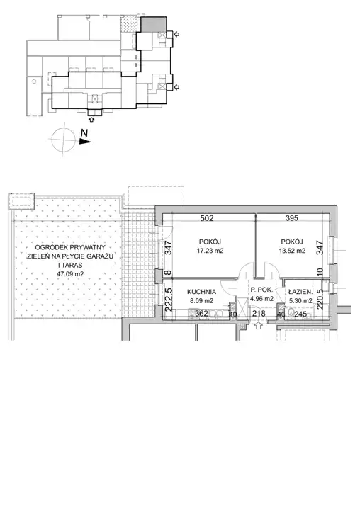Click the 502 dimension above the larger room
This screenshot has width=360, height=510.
(207, 218)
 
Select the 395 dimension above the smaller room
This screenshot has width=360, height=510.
(292, 218)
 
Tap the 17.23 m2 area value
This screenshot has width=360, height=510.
(210, 251)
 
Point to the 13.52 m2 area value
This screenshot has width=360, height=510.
(292, 251)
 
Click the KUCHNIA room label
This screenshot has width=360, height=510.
(201, 292)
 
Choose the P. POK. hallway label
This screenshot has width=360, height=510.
(261, 290)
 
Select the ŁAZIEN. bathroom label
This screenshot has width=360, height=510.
(300, 292)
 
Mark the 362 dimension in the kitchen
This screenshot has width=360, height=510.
(201, 314)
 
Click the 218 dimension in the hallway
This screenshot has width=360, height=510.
(259, 314)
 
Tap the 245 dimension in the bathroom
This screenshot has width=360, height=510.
(300, 314)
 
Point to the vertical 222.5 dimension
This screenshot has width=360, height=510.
(169, 300)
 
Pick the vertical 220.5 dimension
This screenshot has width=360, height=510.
(320, 299)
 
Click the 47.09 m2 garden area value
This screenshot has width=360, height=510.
(70, 274)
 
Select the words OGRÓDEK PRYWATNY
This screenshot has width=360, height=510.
(70, 247)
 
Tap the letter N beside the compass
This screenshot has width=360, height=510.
(84, 132)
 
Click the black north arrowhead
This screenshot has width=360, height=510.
(85, 141)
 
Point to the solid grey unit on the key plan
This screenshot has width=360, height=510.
(153, 24)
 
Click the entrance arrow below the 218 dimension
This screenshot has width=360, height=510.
(259, 325)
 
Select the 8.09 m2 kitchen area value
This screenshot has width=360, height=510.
(201, 301)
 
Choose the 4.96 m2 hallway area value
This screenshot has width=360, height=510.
(261, 299)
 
